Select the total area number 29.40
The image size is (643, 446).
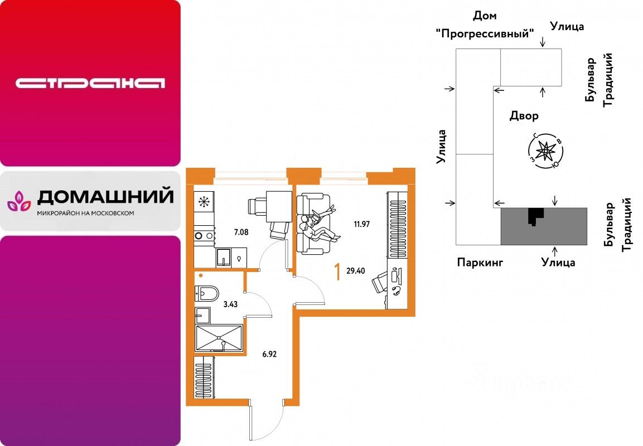coord(356,272)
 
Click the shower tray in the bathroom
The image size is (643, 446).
coord(219,338)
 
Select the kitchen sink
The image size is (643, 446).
coord(225,258)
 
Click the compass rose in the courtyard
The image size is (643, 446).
coord(545,150)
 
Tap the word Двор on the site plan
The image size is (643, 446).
coord(524,116)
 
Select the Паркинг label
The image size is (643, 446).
coord(480,262)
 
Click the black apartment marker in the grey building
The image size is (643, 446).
coord(535,215)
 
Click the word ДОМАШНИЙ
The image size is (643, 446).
coord(105,197)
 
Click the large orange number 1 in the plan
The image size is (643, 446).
coord(337,272)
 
